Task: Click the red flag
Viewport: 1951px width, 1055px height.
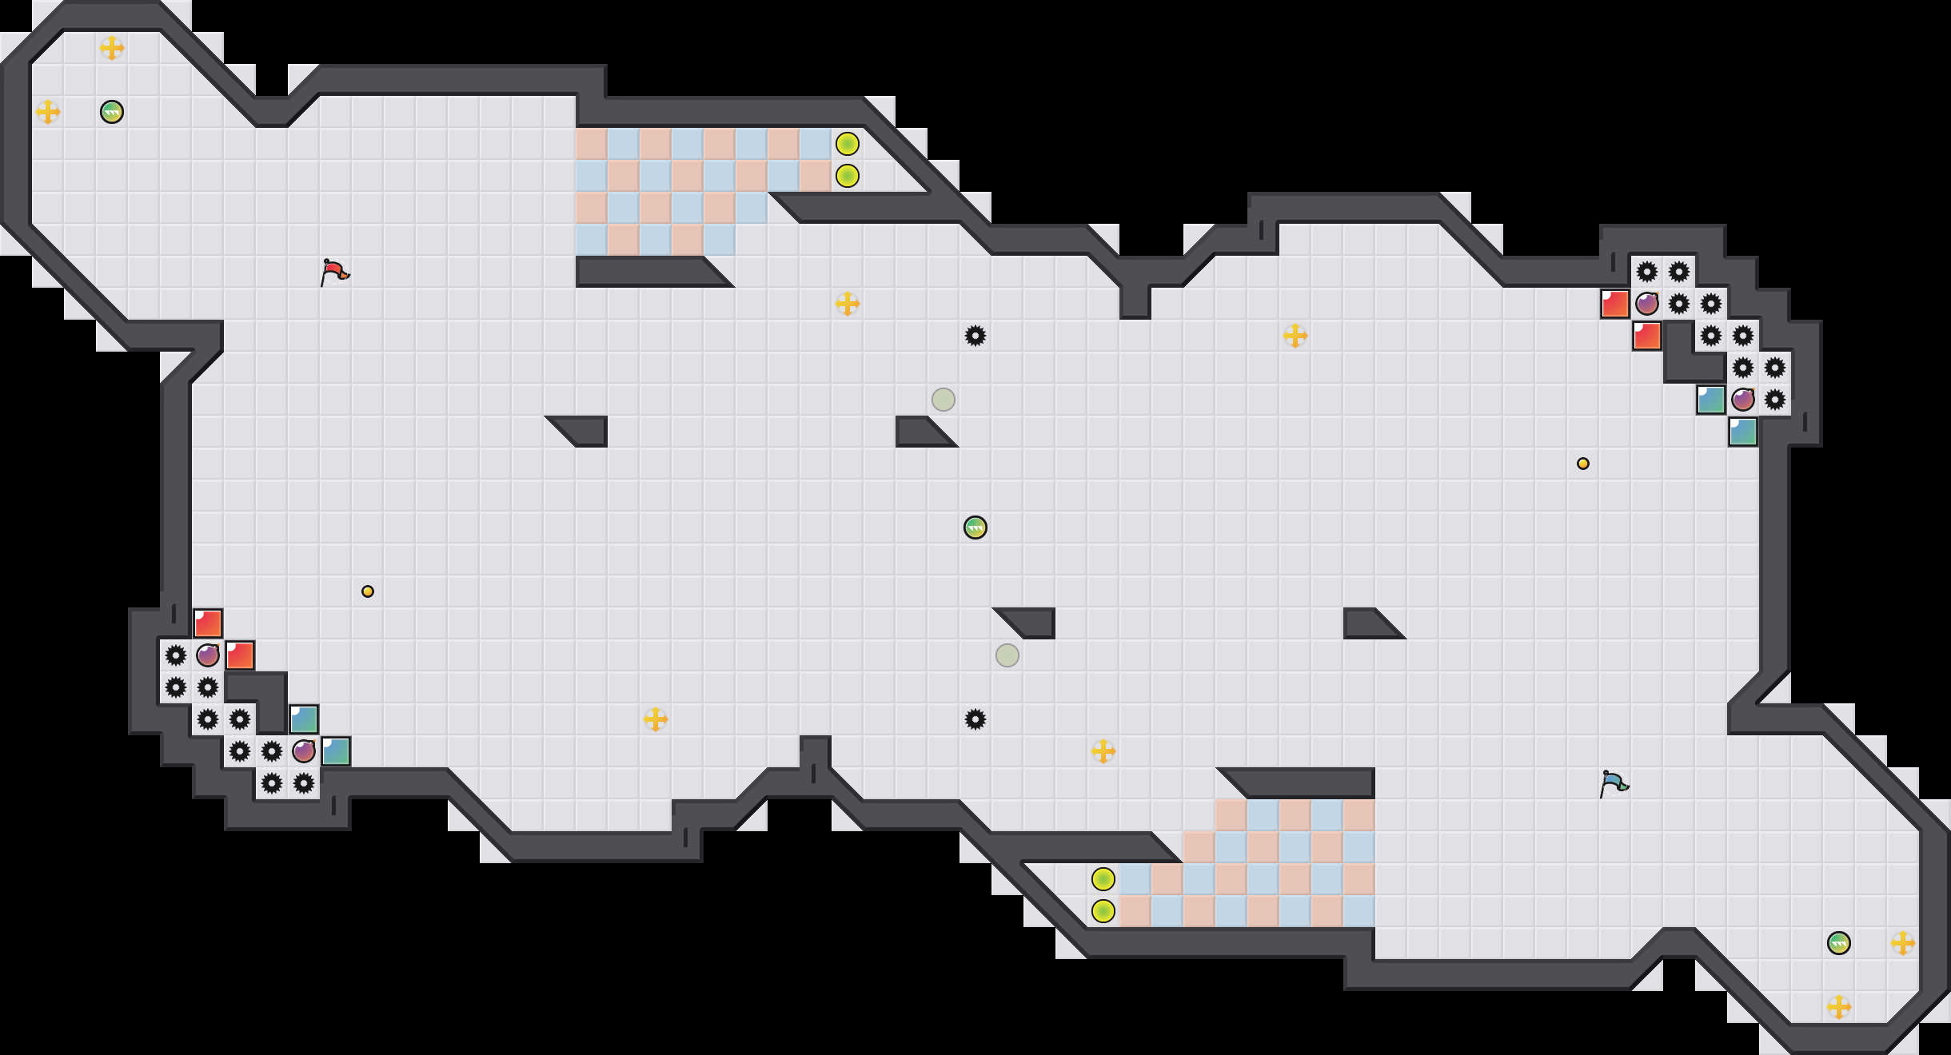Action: pos(334,272)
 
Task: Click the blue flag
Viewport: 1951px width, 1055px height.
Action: pos(1614,783)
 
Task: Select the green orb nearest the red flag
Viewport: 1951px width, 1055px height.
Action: pos(112,112)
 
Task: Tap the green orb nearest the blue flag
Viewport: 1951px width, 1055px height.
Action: pos(1839,943)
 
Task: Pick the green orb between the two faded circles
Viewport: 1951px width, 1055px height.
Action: pos(976,527)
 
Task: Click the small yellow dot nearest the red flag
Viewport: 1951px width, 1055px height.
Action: pos(368,591)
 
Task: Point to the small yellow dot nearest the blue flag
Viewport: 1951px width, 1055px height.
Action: pos(1583,464)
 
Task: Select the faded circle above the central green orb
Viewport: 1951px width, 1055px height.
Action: pos(944,400)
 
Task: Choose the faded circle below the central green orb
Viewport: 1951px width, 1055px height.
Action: pos(1007,655)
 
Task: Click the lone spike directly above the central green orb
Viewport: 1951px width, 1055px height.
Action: pos(976,336)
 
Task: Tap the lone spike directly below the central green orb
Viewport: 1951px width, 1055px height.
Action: pos(976,719)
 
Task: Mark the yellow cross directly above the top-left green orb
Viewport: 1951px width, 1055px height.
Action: pos(112,48)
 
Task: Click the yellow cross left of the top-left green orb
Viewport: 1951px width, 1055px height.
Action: pos(48,112)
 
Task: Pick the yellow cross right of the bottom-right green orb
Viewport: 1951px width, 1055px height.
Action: pos(1903,943)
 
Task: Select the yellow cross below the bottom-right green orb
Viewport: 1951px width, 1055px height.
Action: pos(1839,1007)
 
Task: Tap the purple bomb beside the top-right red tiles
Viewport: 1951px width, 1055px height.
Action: pos(1647,304)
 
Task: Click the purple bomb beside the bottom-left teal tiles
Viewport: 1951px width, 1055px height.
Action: pos(304,751)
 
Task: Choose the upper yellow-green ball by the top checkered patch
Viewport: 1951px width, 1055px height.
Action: pos(848,144)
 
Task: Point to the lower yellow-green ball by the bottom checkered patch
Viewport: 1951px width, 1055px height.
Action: pos(1103,911)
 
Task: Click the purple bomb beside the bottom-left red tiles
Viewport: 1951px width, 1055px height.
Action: pos(208,655)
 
